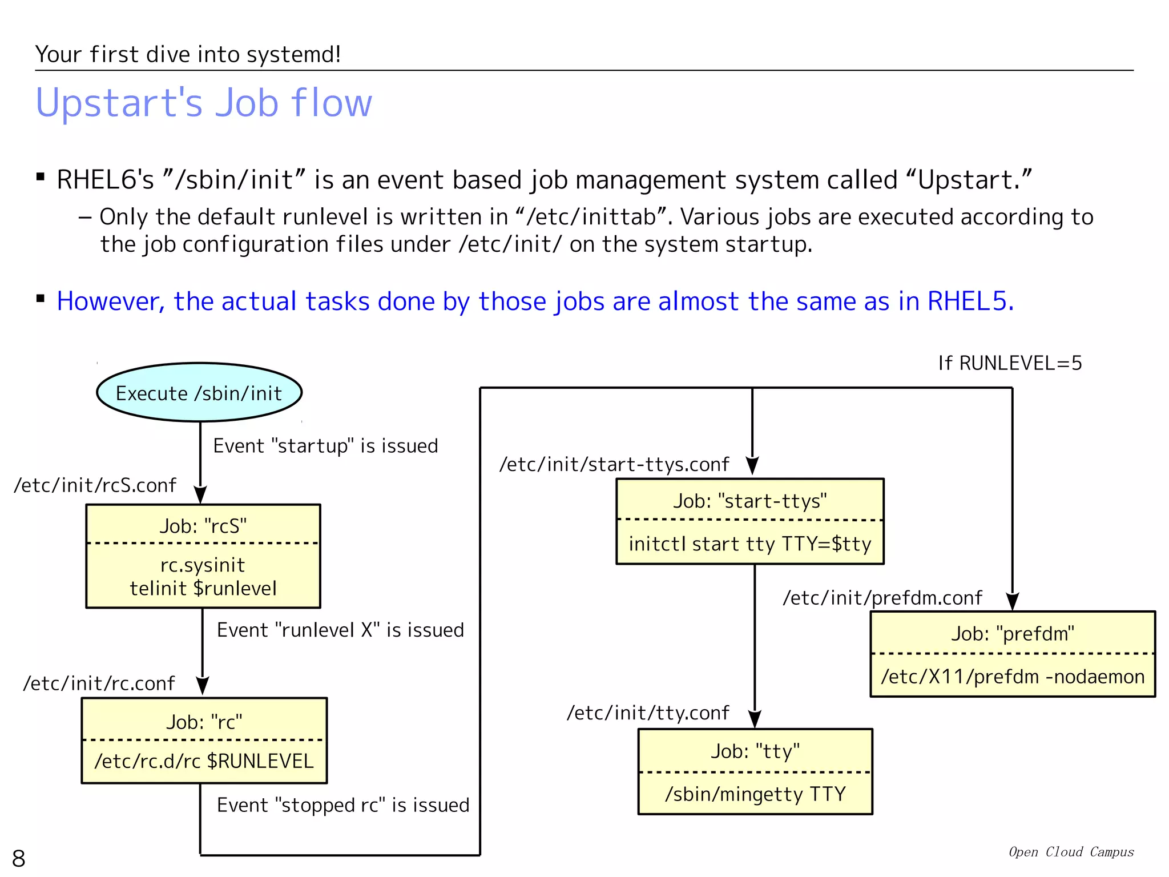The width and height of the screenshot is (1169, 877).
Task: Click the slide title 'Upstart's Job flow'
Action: click(204, 103)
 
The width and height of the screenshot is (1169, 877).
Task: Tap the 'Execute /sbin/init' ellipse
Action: click(199, 393)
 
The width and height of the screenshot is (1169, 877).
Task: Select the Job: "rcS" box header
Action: click(203, 525)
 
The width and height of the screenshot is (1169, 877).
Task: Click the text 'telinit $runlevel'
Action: click(203, 588)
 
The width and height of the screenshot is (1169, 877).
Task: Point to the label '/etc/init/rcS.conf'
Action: click(95, 485)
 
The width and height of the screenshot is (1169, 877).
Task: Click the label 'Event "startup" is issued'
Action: click(325, 445)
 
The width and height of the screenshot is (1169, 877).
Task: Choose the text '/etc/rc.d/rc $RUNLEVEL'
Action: click(204, 761)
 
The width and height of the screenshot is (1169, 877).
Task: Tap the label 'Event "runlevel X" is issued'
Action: click(340, 630)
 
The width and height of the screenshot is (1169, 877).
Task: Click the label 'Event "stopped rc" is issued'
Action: click(343, 805)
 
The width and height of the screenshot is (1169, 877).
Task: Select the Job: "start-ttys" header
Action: click(749, 501)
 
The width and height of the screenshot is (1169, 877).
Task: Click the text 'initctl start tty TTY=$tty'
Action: click(749, 544)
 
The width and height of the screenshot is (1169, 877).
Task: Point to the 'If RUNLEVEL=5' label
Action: click(1010, 363)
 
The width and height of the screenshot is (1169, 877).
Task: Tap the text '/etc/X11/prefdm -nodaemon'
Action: click(1013, 677)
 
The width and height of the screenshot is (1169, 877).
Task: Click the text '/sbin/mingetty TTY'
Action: click(755, 794)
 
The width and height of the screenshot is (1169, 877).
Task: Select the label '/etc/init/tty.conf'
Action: click(648, 713)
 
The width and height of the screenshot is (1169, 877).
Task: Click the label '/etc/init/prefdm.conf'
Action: click(882, 598)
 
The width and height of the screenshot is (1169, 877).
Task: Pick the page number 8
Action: click(19, 858)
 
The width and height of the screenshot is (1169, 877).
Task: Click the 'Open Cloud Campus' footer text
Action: click(1071, 852)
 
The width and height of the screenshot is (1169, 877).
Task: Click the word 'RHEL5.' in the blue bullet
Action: click(970, 301)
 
